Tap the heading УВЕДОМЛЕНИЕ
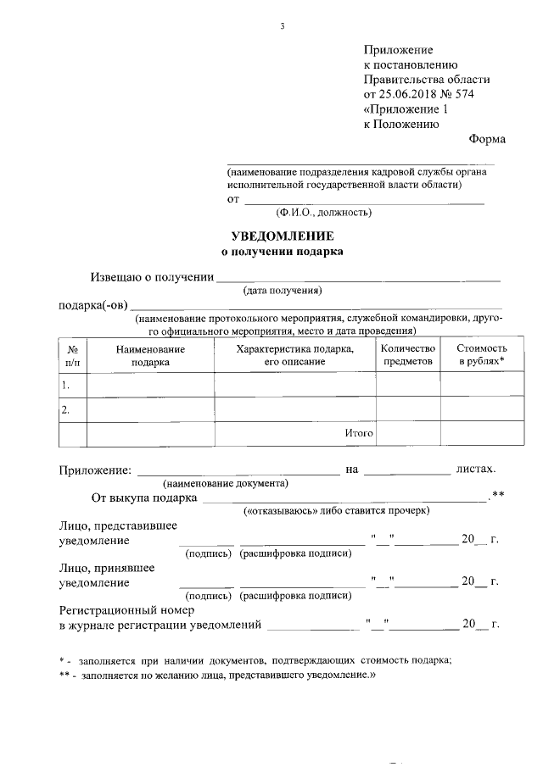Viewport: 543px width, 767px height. coord(283,236)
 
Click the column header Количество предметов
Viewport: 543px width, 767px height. coord(408,355)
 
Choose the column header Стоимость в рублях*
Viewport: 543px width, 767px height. coord(482,355)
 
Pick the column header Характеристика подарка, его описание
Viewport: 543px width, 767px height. coord(294,355)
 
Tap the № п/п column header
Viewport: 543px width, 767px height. coord(73,355)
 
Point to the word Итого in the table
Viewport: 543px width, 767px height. coord(359,433)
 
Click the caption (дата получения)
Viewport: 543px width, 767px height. coord(283,291)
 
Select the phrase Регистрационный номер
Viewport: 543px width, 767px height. coord(127,609)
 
